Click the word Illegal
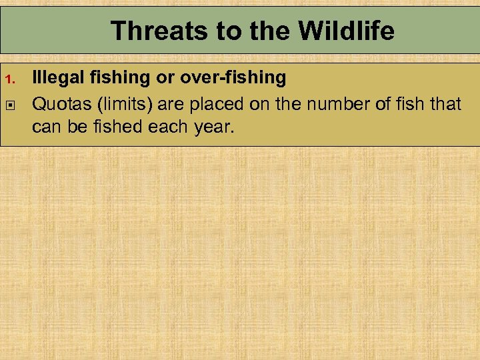55,78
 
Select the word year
212,127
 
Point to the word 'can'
46,127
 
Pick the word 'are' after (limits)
173,103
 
